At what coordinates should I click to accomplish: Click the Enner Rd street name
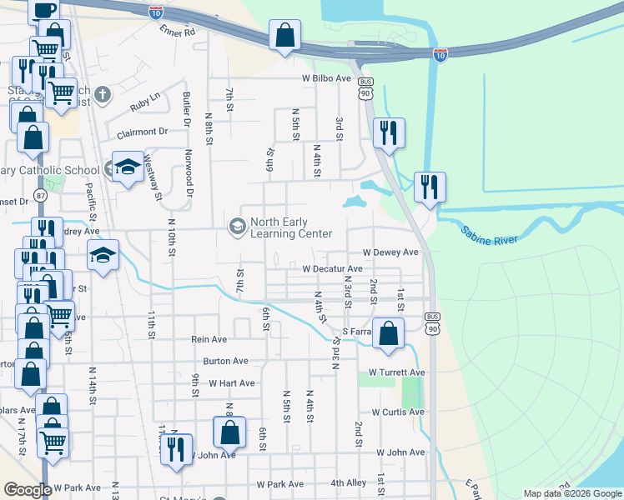coord(177,32)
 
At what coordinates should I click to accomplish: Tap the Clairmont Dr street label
coord(143,132)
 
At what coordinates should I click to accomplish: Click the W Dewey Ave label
coord(390,252)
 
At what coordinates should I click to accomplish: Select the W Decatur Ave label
coord(332,269)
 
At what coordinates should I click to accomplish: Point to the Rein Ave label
coord(209,339)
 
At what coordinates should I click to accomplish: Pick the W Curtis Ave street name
coord(398,412)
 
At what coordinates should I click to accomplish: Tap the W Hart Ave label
coord(231,383)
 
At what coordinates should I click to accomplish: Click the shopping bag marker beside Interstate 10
coord(284,36)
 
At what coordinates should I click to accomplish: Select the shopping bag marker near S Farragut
coord(388,332)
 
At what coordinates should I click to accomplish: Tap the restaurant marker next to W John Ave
coord(176,450)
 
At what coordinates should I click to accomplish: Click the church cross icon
coord(103,94)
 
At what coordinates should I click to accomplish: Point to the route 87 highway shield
coord(40,194)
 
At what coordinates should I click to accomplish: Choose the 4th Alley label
coord(348,482)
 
